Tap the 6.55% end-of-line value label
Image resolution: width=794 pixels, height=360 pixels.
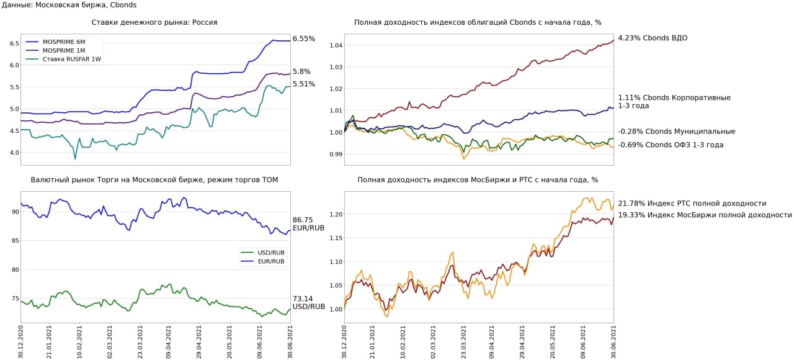(304, 38)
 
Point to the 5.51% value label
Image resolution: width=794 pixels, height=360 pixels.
(304, 84)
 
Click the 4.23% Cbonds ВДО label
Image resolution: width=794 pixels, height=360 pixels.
(653, 38)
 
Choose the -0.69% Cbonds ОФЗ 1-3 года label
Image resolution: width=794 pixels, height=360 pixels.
(671, 145)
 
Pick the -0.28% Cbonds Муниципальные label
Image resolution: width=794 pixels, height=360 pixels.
(677, 132)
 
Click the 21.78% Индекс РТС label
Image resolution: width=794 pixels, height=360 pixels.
(692, 203)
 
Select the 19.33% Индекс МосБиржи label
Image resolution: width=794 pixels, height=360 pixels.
(705, 215)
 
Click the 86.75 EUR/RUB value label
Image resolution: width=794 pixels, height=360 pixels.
(308, 223)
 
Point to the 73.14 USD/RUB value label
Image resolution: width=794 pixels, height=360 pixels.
(308, 302)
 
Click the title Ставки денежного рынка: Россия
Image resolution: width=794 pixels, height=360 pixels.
(154, 22)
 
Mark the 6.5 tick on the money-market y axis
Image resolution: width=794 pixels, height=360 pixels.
(13, 43)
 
